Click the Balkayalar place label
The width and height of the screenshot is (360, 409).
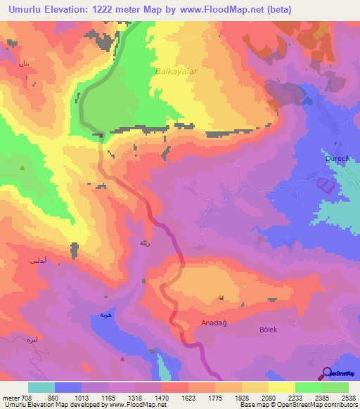click(172, 71)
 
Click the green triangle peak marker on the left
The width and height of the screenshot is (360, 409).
click(23, 168)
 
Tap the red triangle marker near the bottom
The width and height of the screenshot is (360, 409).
click(122, 358)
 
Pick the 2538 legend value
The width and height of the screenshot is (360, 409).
click(348, 398)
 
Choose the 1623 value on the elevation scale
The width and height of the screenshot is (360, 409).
click(188, 398)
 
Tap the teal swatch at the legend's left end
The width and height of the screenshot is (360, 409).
click(41, 387)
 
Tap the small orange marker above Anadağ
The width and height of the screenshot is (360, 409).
click(221, 297)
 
